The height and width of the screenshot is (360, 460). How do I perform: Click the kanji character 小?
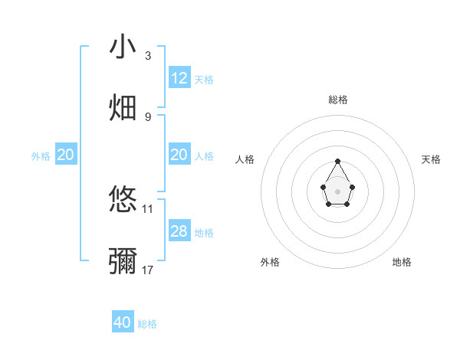click(x=123, y=47)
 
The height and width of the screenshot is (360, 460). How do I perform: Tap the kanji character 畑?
click(x=123, y=106)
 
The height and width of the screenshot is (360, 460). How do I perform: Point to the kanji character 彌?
click(x=123, y=260)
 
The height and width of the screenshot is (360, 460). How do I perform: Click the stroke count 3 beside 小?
click(x=148, y=56)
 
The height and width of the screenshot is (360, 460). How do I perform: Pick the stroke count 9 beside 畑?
click(x=148, y=116)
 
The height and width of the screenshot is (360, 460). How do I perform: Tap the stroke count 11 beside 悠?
click(x=148, y=208)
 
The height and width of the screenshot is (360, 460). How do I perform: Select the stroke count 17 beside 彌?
click(x=148, y=270)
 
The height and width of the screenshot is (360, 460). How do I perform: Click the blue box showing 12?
click(x=179, y=78)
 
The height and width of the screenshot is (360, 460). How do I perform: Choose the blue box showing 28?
click(x=179, y=231)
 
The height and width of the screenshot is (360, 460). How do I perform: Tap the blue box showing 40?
click(x=123, y=323)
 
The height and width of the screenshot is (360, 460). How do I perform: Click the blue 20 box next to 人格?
click(x=179, y=155)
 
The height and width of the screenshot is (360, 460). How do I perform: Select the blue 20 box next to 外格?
click(x=66, y=155)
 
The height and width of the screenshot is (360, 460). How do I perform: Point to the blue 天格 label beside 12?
click(x=204, y=80)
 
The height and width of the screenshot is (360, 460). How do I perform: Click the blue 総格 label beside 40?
click(x=147, y=325)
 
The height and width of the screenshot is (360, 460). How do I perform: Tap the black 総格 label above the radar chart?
click(x=338, y=100)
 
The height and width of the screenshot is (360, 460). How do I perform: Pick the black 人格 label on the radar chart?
click(x=245, y=159)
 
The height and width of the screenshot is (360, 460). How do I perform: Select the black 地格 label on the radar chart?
click(x=402, y=262)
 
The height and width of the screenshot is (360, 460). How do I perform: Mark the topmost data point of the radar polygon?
click(x=337, y=161)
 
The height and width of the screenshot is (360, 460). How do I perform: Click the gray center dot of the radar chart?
click(x=337, y=190)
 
